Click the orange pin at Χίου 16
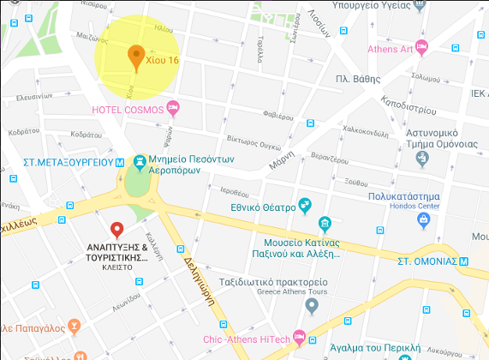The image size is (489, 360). click(x=134, y=56)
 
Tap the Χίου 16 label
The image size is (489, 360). click(x=163, y=61)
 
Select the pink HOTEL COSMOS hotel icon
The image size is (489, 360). click(x=173, y=109)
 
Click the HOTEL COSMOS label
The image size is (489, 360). click(x=129, y=110)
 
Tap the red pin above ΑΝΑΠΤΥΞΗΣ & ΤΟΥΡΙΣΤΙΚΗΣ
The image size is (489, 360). click(x=117, y=229)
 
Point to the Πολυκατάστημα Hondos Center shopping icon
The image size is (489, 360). click(x=423, y=220)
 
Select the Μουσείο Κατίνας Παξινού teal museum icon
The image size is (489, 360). click(x=325, y=225)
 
